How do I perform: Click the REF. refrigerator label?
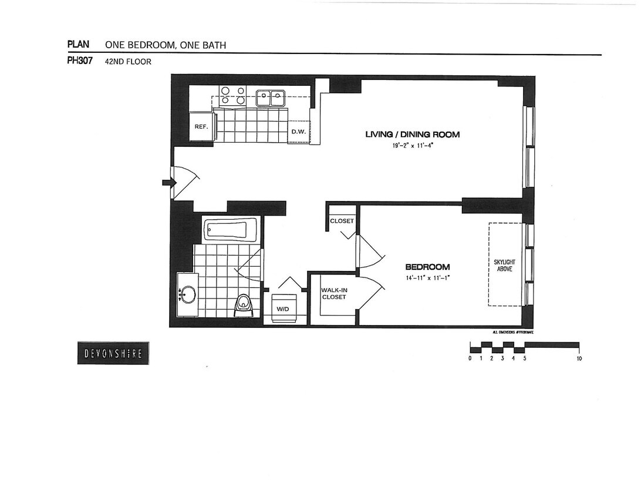201,126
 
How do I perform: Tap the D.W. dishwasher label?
298,132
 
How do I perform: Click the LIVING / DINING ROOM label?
412,135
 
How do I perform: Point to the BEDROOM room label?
427,267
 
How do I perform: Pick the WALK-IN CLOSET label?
333,294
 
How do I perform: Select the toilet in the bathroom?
244,303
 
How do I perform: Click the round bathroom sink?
188,294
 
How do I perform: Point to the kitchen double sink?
270,97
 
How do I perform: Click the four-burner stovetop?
232,95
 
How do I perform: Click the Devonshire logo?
113,353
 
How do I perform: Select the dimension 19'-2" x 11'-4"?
411,146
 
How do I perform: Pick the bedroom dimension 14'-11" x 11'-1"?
427,278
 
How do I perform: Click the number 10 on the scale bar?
579,358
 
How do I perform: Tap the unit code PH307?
80,60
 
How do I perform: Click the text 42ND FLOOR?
128,61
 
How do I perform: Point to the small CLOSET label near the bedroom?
342,221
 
